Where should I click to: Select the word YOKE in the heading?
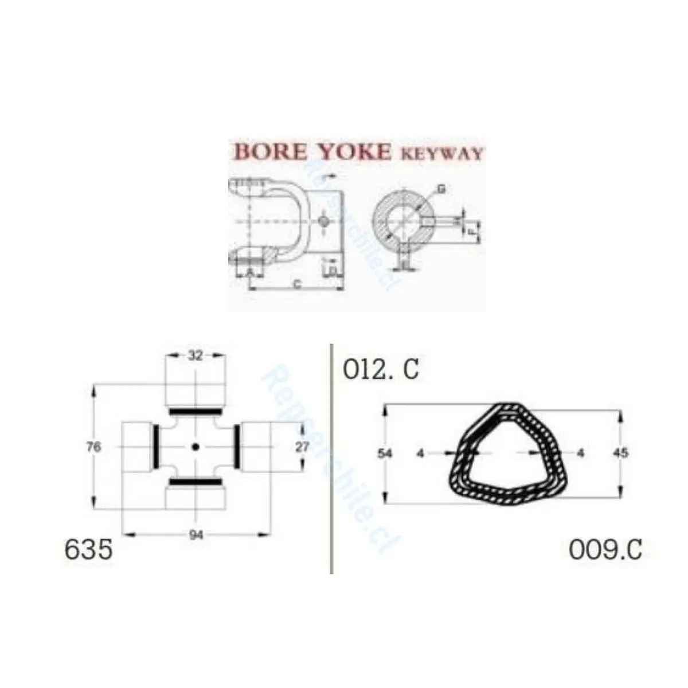tap(354, 152)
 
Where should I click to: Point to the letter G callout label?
tap(441, 189)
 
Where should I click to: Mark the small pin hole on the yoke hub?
tap(323, 221)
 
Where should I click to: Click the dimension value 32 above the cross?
tap(196, 355)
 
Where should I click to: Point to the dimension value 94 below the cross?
tap(196, 535)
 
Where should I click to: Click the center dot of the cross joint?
tap(196, 447)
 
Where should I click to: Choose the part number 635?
tap(88, 549)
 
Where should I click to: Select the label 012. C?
tap(381, 370)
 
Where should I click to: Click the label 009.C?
tap(605, 549)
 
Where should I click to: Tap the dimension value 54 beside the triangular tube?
tap(385, 454)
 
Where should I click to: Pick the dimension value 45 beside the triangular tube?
tap(620, 453)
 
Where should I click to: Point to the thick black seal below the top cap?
tap(196, 412)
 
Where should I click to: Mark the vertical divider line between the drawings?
tap(331, 459)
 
